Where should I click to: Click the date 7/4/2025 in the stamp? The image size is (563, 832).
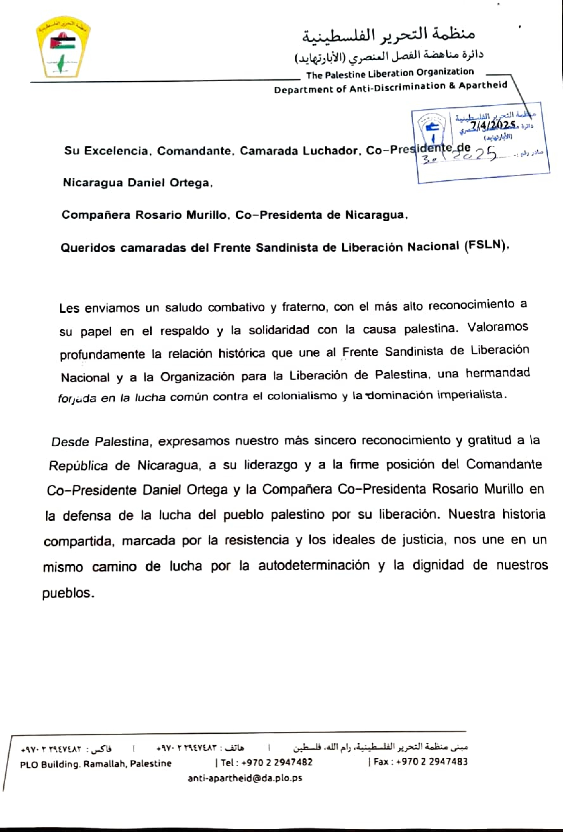point(493,125)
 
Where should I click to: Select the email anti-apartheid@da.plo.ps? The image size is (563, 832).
point(245,778)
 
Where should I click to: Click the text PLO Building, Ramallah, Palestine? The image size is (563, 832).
point(96,764)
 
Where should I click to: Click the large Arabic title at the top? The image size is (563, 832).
point(388,35)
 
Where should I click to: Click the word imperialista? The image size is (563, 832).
point(470,394)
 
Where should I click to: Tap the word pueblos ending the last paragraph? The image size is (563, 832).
point(67,593)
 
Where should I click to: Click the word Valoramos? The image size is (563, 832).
point(498,327)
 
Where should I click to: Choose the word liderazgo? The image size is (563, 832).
point(271,464)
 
